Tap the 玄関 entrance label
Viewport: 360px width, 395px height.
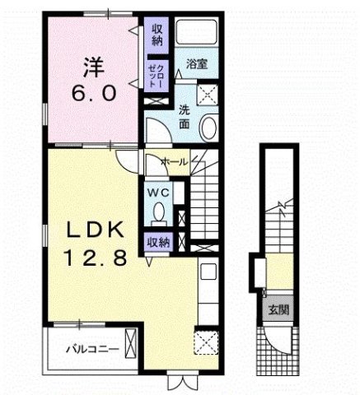tap(276, 310)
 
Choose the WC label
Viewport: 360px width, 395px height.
tap(158, 193)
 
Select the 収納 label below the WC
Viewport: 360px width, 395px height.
tap(158, 242)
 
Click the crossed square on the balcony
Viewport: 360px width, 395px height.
tap(129, 340)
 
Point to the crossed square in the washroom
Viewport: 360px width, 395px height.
tap(208, 93)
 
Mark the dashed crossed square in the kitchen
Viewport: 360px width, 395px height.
tap(204, 340)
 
